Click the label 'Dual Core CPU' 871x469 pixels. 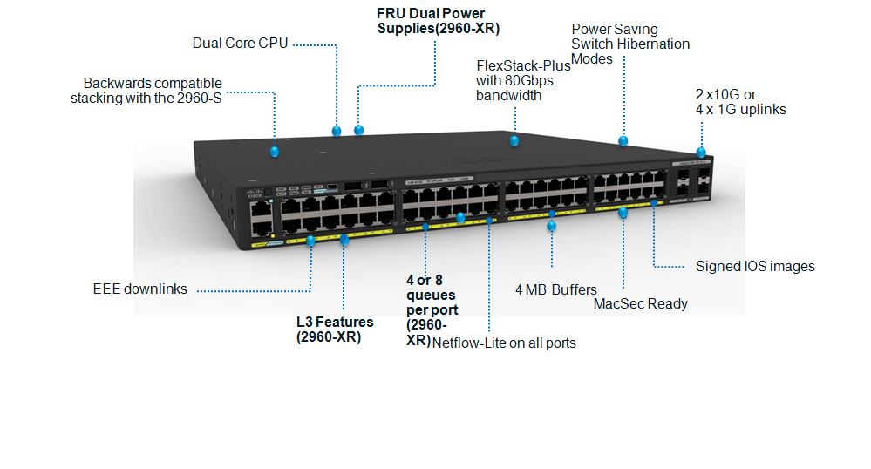(240, 43)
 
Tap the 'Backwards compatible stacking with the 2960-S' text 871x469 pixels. (146, 91)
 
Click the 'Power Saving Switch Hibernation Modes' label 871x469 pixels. (629, 44)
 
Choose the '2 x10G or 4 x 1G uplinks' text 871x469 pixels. (740, 102)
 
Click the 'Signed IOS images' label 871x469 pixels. (755, 266)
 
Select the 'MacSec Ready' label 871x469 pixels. (640, 303)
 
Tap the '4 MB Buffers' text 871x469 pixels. (556, 289)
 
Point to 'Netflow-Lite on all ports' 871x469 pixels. (505, 343)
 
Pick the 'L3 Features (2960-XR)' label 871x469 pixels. (335, 330)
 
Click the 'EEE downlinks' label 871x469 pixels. (139, 289)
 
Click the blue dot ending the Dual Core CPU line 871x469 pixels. (337, 131)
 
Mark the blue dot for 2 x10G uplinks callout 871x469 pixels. (701, 153)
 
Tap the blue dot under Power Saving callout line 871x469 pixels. (623, 140)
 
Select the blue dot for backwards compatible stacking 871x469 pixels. (275, 152)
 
